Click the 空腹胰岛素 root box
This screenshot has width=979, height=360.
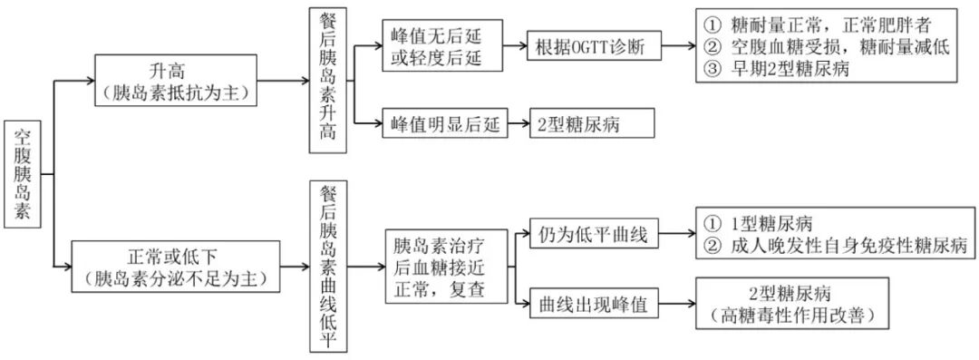point(25,173)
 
